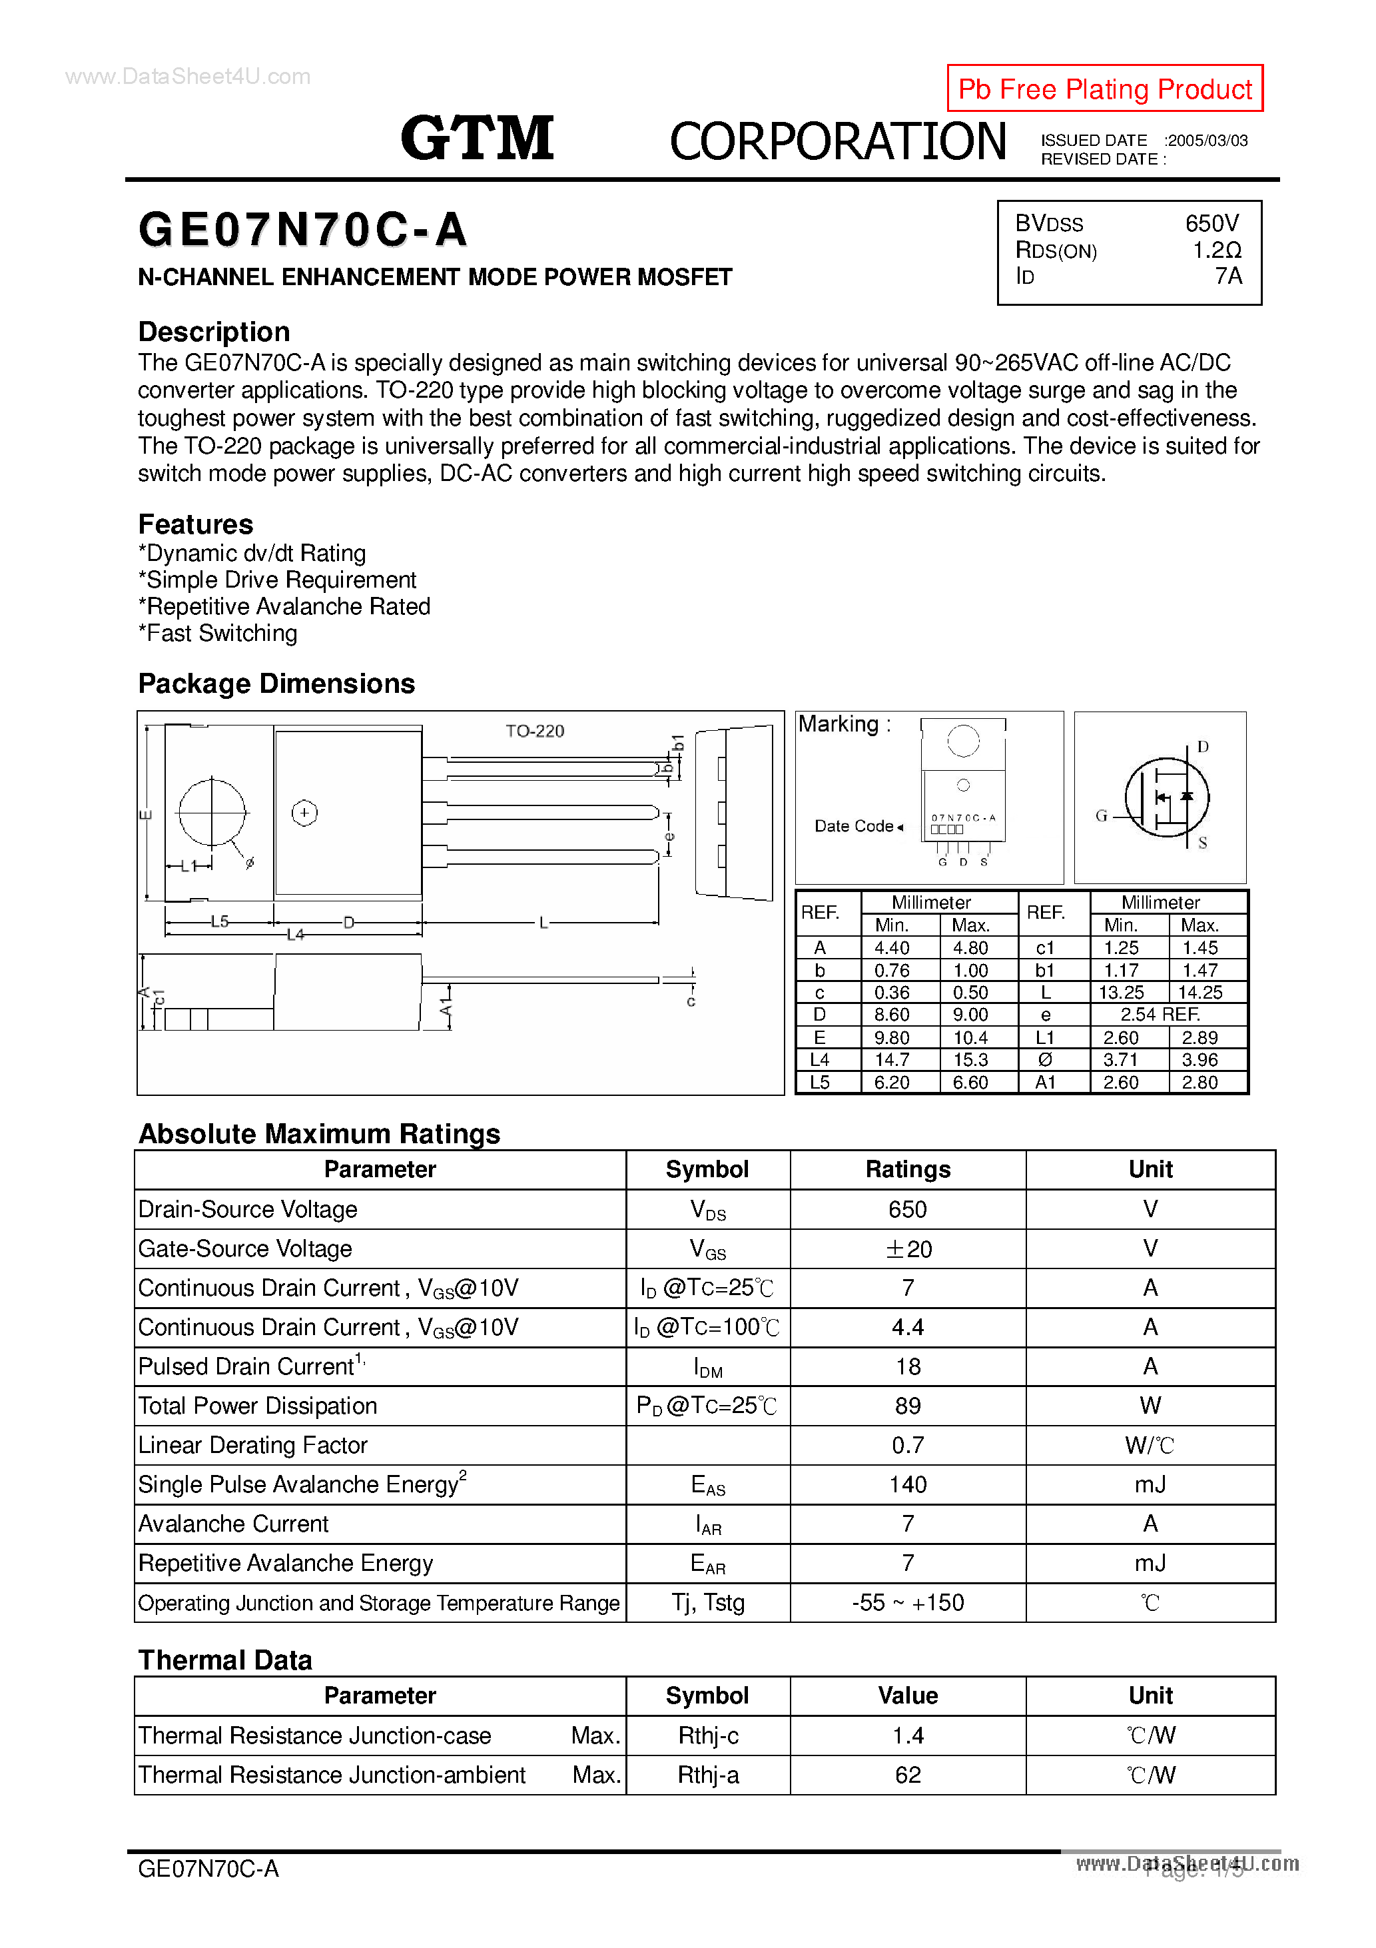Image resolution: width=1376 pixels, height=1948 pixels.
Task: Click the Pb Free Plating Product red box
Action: tap(1104, 88)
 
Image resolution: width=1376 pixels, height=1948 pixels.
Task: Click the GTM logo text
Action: tap(477, 139)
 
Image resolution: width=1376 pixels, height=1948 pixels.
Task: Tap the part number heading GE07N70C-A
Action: tap(303, 230)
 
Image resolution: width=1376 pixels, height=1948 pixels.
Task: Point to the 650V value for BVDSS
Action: tap(1211, 223)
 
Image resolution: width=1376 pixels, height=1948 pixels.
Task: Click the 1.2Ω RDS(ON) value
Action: tap(1217, 250)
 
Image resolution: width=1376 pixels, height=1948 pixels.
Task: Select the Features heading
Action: tap(195, 524)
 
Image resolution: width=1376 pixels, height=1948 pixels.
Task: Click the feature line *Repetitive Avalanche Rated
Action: tap(284, 607)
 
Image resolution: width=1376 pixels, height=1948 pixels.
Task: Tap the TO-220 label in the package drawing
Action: tap(534, 730)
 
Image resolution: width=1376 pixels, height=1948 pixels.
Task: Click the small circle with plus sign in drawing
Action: tap(304, 813)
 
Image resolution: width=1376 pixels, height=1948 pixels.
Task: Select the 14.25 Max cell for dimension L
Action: tap(1200, 993)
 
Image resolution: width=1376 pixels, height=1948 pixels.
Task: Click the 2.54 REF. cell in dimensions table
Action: tap(1160, 1015)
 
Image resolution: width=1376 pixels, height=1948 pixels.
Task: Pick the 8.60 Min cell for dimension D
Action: tap(892, 1015)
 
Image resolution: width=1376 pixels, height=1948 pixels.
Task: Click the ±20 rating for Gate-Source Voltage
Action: tap(908, 1249)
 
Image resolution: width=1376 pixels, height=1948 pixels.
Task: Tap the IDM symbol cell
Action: tap(707, 1367)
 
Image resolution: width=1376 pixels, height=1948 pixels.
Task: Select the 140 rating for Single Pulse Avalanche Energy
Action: tap(908, 1485)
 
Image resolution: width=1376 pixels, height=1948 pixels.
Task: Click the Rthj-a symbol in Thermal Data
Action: tap(707, 1775)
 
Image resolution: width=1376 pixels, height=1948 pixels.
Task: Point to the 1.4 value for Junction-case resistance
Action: tap(908, 1736)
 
